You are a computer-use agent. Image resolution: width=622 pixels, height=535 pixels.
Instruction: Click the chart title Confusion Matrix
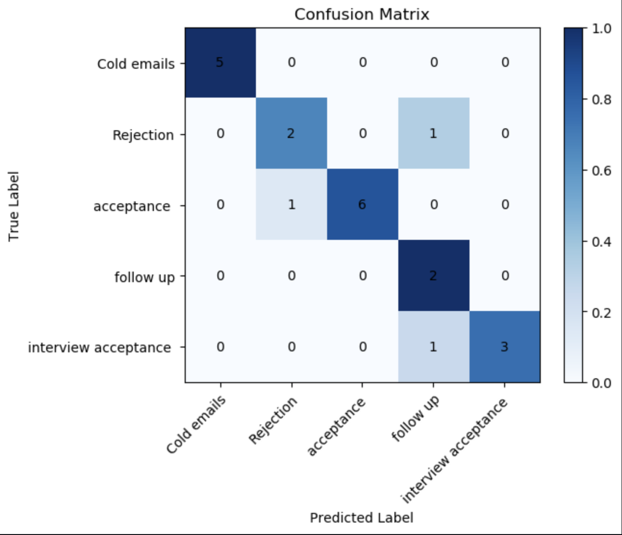[x=362, y=14]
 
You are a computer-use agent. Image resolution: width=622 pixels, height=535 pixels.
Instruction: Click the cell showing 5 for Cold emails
[x=220, y=62]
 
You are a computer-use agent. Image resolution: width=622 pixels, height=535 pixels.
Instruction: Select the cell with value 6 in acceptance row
[x=362, y=204]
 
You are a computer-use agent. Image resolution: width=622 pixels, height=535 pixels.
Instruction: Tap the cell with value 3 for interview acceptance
[x=505, y=347]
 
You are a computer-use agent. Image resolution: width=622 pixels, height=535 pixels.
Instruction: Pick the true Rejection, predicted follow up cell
[x=433, y=133]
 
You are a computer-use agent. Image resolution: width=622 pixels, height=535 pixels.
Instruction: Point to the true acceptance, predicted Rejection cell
[x=291, y=204]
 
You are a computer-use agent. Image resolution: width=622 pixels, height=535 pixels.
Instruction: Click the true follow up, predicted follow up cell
[x=433, y=275]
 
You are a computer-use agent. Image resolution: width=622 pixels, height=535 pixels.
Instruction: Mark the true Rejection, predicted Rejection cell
[x=291, y=133]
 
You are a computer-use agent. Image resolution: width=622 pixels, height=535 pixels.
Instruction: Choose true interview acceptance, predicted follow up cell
[x=433, y=347]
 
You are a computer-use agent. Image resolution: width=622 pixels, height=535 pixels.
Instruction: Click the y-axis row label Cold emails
[x=136, y=64]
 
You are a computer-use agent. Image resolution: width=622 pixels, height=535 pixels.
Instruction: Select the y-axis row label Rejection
[x=143, y=135]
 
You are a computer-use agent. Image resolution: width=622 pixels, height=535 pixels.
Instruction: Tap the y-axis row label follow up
[x=144, y=277]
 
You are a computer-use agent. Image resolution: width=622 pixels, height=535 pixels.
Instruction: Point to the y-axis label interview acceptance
[x=100, y=348]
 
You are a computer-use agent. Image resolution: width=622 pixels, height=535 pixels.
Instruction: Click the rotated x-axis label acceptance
[x=336, y=427]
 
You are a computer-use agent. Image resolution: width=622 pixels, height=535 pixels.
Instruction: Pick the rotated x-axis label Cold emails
[x=196, y=425]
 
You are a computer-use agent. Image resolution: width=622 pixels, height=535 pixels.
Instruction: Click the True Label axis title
[x=13, y=206]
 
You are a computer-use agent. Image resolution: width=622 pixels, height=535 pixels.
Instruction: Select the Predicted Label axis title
[x=362, y=518]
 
